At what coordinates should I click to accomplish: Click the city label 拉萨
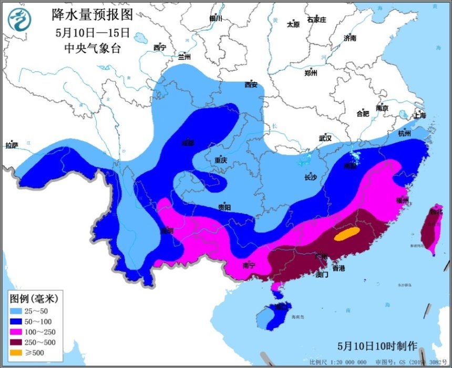[11, 145]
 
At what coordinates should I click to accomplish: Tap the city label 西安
[251, 85]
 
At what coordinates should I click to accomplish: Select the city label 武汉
[325, 138]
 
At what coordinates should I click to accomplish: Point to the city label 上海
[419, 115]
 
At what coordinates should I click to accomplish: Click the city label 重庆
[221, 160]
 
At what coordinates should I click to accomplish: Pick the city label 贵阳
[224, 207]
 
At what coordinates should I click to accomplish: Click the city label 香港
[338, 269]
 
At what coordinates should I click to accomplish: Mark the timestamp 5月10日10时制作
[377, 346]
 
